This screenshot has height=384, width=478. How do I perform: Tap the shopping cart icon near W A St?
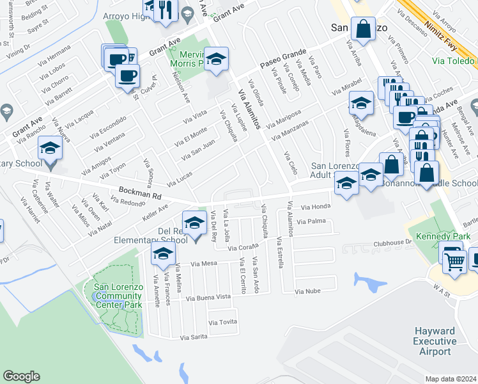click(x=454, y=260)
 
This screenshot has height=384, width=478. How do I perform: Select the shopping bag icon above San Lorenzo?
click(x=363, y=29)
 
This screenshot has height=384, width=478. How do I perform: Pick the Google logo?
click(x=21, y=376)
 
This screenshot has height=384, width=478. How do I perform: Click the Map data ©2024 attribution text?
click(x=451, y=378)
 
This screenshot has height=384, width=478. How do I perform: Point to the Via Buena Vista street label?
click(x=208, y=298)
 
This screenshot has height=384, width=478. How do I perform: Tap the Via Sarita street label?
click(x=194, y=337)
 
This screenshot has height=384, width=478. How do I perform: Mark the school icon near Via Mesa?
click(x=162, y=254)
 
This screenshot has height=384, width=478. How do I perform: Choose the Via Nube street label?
click(x=307, y=291)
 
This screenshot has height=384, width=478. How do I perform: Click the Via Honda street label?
click(x=315, y=207)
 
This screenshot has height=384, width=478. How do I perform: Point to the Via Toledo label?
click(x=453, y=61)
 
